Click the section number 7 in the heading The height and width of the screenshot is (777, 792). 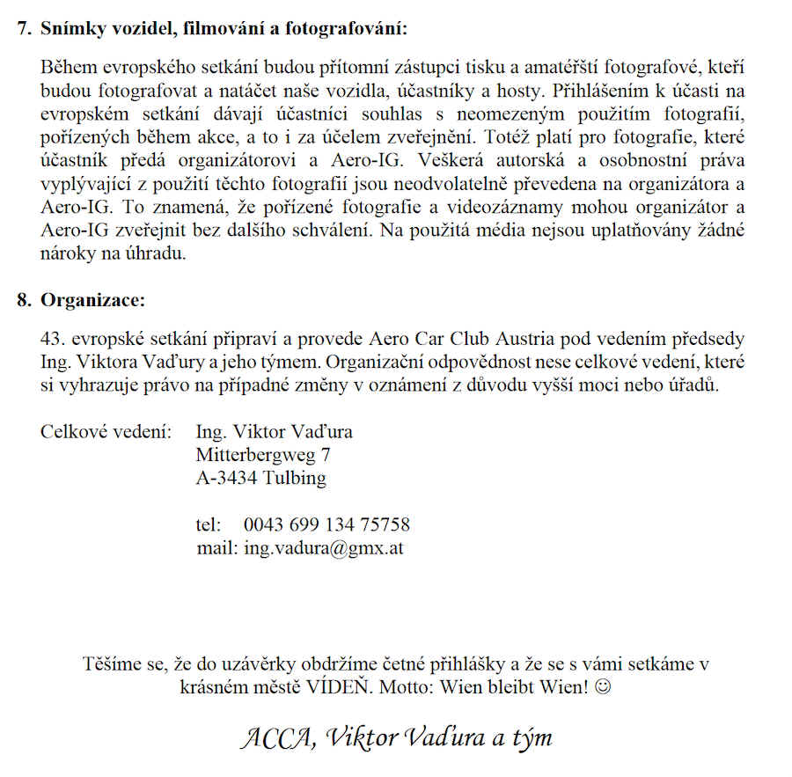click(23, 28)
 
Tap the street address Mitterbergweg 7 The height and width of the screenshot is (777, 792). click(263, 456)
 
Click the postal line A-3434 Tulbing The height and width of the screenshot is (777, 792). click(261, 479)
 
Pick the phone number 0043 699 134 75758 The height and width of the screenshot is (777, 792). click(326, 525)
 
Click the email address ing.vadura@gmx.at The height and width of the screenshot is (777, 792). click(324, 547)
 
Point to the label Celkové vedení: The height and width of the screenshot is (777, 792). click(105, 433)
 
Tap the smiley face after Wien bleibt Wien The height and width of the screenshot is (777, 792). click(602, 685)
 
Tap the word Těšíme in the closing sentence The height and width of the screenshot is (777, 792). click(112, 663)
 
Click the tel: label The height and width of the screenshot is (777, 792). click(208, 525)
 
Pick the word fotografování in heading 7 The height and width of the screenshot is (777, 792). click(348, 28)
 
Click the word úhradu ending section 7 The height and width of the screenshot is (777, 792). click(162, 253)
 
